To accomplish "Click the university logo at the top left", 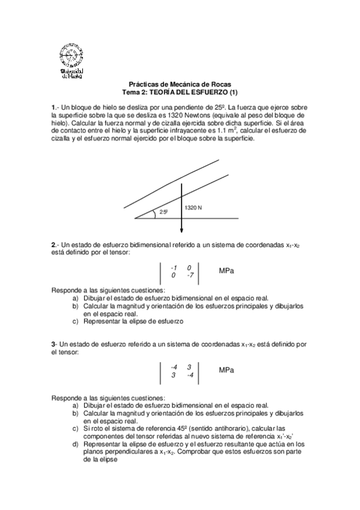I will (73, 60).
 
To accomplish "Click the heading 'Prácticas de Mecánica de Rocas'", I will (180, 85).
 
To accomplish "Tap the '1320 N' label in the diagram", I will (194, 207).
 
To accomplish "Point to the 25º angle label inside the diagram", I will (163, 212).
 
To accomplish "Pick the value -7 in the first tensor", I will (189, 275).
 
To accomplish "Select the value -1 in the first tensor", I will (173, 268).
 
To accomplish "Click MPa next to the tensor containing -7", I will (227, 271).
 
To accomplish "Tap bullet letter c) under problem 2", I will (75, 321).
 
